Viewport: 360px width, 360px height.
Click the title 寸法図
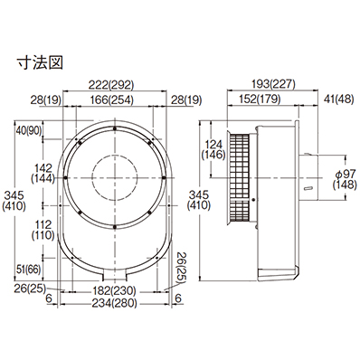(x=40, y=63)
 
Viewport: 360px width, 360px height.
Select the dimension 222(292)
(x=110, y=85)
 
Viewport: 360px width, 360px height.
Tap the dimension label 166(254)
(x=110, y=99)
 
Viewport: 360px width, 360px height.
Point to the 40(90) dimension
(x=28, y=130)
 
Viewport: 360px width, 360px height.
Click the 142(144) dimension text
(x=43, y=174)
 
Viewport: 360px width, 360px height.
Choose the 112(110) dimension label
(x=43, y=230)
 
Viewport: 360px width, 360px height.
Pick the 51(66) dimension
(x=28, y=270)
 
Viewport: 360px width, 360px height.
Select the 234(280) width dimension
(x=114, y=303)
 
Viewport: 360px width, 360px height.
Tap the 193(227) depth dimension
(x=273, y=84)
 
